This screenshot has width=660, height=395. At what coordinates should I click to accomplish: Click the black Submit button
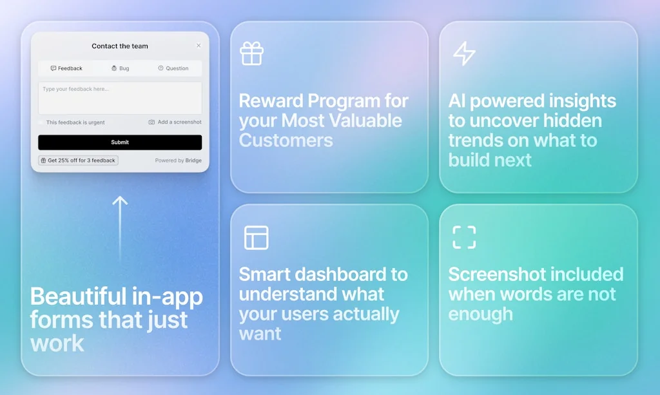coord(120,142)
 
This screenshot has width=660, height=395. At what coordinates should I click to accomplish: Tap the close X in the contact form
coord(199,46)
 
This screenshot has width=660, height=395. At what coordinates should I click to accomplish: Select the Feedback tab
coord(66,68)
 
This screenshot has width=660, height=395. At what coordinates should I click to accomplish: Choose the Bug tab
coord(121,68)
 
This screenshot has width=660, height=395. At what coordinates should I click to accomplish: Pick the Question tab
coord(173,68)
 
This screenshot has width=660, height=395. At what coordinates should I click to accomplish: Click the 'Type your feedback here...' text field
coord(120,98)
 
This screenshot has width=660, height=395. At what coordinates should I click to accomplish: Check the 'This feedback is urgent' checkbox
coord(41,122)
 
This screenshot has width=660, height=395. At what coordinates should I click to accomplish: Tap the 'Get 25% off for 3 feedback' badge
coord(78,160)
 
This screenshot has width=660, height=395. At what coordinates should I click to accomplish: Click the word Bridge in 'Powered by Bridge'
coord(193,160)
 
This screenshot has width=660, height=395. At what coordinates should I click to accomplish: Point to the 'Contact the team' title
coord(120,46)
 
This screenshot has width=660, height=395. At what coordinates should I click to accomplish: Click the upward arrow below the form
coord(120,229)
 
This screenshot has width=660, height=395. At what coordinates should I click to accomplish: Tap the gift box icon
coord(252,53)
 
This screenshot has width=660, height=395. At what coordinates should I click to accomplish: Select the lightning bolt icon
coord(464,53)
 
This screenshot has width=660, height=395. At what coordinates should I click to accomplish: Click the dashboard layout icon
coord(257,238)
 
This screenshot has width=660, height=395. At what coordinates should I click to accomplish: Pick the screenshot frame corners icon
coord(464,237)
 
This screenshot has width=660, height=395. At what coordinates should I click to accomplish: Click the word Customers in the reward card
coord(286,140)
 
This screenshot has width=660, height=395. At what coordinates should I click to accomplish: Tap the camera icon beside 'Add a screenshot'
coord(151,122)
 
